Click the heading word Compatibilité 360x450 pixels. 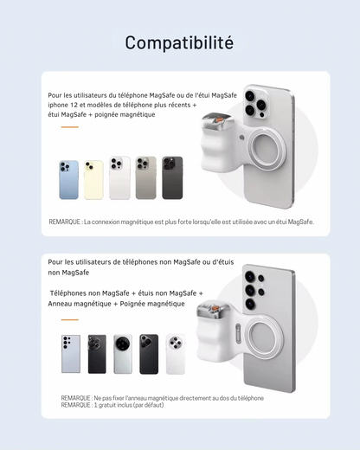[179, 43]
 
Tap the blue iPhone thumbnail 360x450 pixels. [69, 180]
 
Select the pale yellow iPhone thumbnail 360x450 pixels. [93, 180]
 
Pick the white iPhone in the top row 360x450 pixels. [119, 177]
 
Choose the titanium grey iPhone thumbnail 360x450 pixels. [146, 177]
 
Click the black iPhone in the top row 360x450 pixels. [172, 177]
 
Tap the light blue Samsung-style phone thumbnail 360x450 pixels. [71, 354]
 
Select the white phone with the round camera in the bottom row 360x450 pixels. [176, 355]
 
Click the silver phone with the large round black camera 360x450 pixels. [123, 354]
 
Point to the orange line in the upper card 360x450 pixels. [70, 127]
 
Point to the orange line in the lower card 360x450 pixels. [70, 319]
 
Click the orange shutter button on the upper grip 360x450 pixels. [220, 119]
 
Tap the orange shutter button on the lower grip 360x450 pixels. [215, 309]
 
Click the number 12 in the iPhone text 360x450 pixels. [74, 105]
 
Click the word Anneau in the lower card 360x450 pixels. [61, 304]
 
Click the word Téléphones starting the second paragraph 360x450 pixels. [68, 293]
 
